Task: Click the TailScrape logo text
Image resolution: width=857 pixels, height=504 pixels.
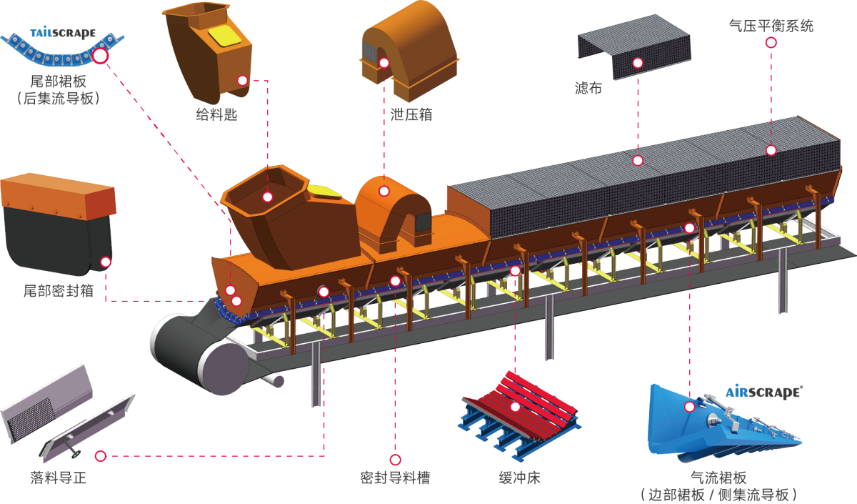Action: pos(63,33)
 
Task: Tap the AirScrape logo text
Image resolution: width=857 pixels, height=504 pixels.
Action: pos(763,392)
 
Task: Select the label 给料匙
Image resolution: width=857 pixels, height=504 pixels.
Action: pos(216,114)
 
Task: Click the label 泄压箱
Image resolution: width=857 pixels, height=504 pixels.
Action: pos(412,114)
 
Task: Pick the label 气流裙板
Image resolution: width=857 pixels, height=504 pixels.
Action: pos(718,478)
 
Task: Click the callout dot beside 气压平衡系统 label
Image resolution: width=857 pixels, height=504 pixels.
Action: pos(771,42)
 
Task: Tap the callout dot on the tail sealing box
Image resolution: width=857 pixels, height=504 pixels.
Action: pos(106,262)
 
